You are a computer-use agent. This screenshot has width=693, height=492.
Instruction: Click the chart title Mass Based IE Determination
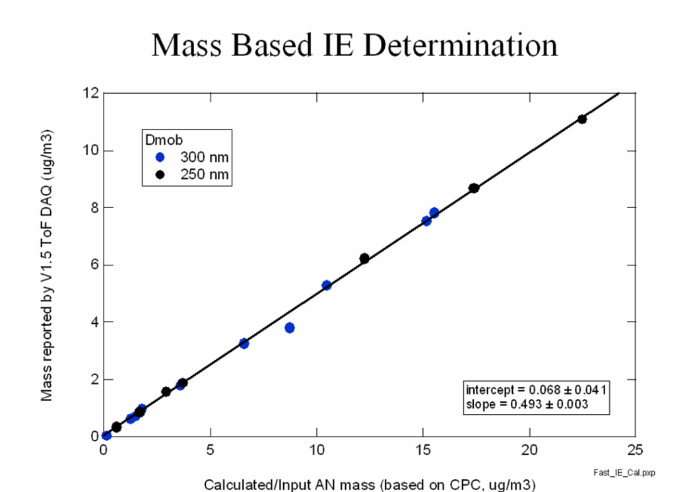(354, 46)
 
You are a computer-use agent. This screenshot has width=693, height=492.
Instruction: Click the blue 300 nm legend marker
(159, 157)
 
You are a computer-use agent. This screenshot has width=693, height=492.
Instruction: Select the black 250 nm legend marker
(159, 174)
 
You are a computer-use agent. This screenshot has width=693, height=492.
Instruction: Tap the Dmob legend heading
(159, 140)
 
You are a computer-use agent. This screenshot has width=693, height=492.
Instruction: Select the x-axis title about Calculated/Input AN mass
(370, 484)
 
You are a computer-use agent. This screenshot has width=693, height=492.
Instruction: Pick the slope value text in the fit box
(527, 404)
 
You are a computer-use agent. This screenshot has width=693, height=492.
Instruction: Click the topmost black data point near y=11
(581, 119)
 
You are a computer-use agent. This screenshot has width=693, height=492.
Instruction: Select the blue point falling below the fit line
(289, 328)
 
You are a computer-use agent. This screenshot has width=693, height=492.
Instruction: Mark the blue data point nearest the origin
(106, 435)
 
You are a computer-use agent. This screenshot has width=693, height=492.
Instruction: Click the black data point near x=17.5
(474, 188)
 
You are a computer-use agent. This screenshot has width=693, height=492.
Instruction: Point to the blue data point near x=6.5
(244, 343)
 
